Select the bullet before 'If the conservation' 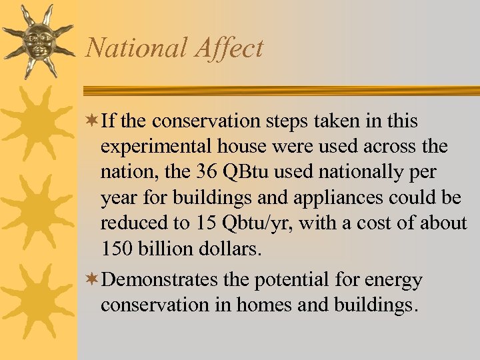click(x=93, y=121)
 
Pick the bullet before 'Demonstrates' click(x=93, y=280)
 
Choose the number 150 click(x=115, y=248)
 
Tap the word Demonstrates click(x=160, y=280)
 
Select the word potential click(x=300, y=280)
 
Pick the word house click(x=232, y=147)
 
